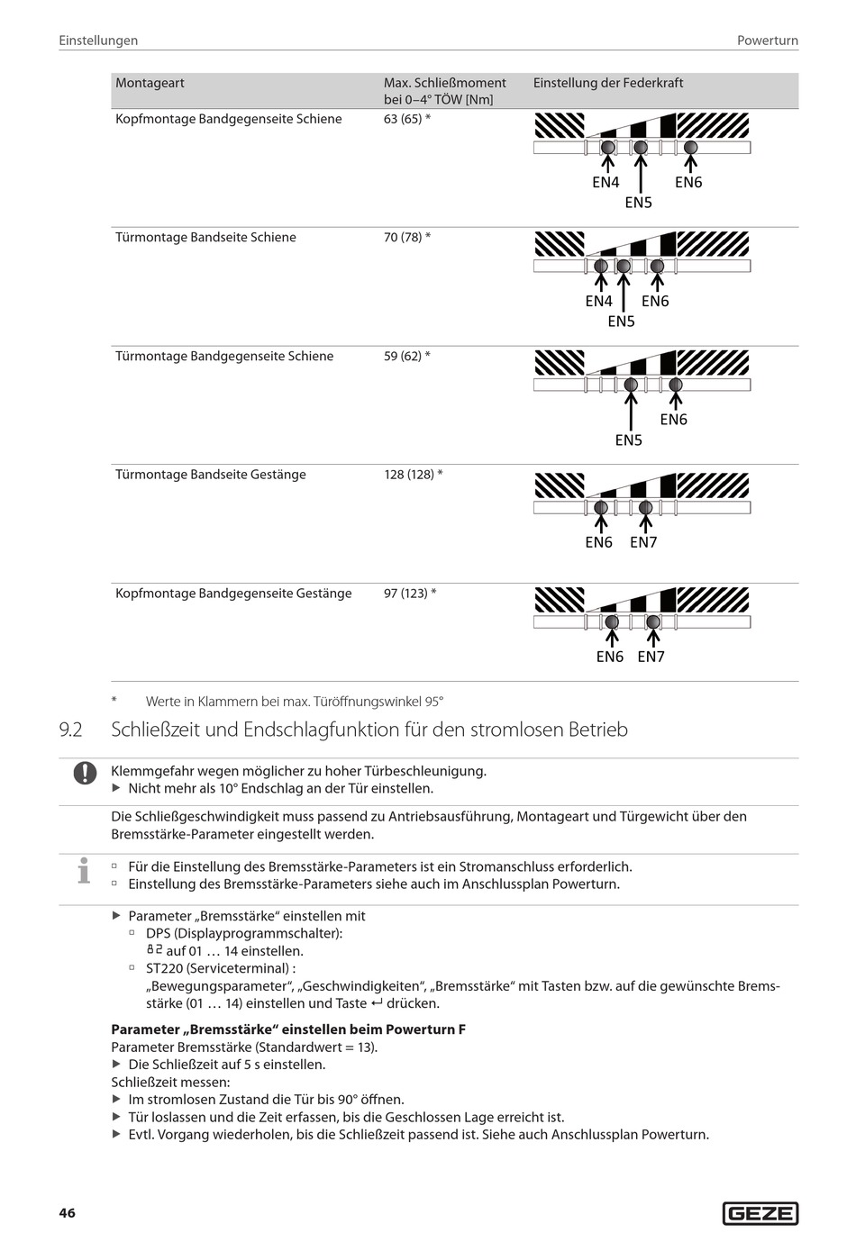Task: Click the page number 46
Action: coord(68,1213)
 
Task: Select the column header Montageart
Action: coord(150,83)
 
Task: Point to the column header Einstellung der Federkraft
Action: coord(608,83)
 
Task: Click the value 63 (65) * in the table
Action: coord(407,119)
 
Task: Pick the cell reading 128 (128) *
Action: coord(414,475)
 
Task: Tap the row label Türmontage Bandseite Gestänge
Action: coord(211,475)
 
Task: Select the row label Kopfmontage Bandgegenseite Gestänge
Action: coord(233,594)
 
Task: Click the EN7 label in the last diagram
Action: coord(651,657)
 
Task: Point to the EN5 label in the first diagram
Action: coord(638,203)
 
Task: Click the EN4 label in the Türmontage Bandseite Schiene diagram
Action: coord(598,301)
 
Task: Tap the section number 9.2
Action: coord(70,730)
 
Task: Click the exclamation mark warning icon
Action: coord(85,773)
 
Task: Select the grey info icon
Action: coord(84,871)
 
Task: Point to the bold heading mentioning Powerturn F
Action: coord(288,1029)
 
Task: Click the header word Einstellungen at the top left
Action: coord(98,41)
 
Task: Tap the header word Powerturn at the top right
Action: coord(767,41)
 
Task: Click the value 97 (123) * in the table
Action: coord(410,594)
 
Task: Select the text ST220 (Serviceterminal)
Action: coord(219,968)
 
